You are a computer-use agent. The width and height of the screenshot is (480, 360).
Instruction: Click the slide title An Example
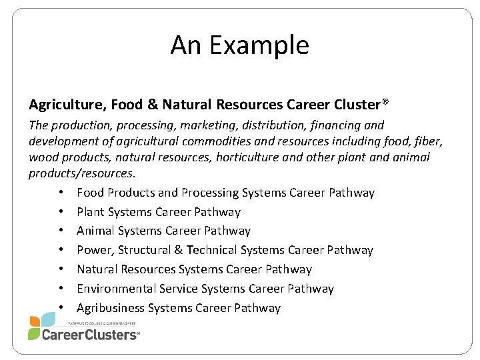239,45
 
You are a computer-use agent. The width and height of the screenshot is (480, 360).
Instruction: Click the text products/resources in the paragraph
81,173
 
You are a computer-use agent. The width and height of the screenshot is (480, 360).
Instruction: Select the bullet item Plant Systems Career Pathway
158,212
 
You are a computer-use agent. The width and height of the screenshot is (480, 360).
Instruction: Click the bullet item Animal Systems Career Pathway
163,231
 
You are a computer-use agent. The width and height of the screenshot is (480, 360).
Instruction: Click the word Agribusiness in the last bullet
110,308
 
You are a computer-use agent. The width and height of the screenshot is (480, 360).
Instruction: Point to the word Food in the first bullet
90,193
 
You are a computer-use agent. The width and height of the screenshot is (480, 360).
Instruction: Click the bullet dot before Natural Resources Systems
61,270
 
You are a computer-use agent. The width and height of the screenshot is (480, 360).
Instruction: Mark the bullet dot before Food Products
61,193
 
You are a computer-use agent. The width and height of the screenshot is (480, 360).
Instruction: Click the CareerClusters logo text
90,335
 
